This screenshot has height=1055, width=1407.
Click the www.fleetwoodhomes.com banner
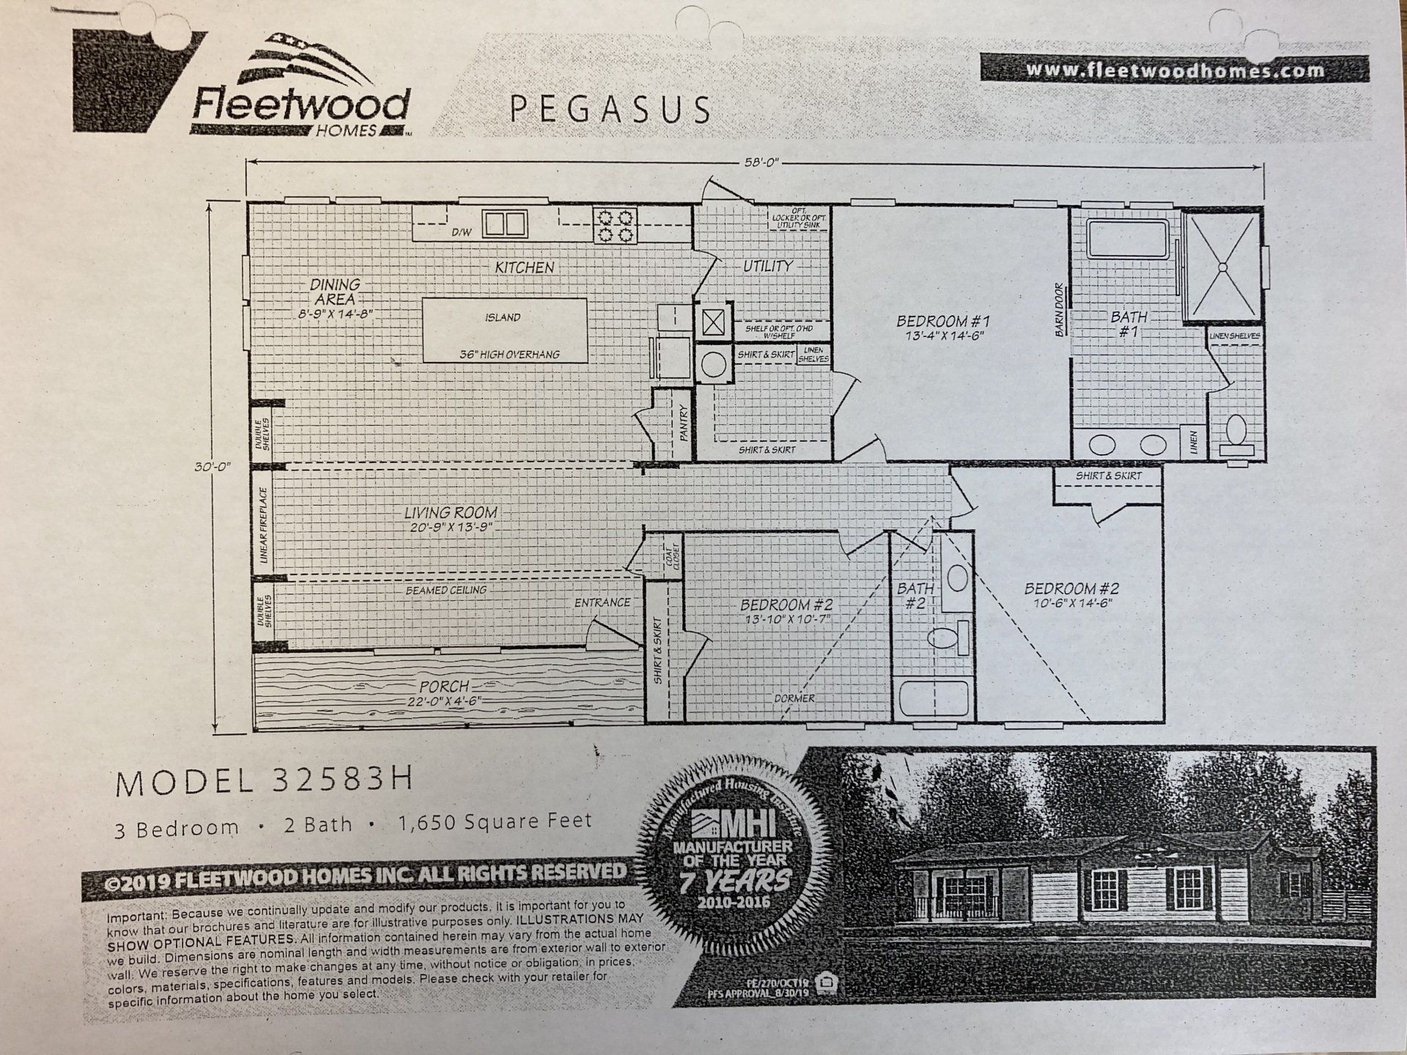[x=1174, y=70]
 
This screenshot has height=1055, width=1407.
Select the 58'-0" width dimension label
[x=760, y=163]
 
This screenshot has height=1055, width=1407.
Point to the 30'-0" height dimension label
[x=213, y=466]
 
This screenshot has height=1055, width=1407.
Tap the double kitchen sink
[x=504, y=223]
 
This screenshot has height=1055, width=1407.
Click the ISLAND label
[x=503, y=317]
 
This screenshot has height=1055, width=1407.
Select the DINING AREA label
[x=335, y=291]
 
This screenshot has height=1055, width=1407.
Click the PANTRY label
[x=684, y=423]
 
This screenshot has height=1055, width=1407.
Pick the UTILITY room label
[x=767, y=266]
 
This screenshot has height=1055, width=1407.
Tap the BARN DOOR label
[x=1059, y=310]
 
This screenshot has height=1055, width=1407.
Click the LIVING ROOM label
[x=450, y=513]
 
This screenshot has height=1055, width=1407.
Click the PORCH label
[x=444, y=686]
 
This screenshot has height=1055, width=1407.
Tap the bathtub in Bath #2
[x=932, y=698]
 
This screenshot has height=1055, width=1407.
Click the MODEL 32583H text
[x=264, y=782]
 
